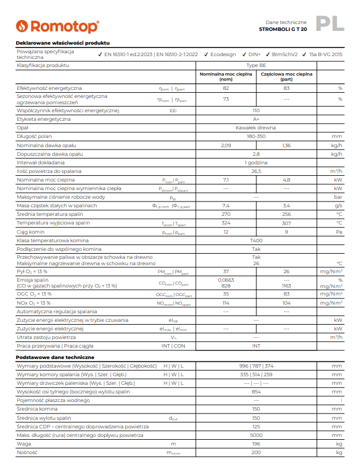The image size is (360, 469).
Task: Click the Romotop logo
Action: click(x=57, y=26)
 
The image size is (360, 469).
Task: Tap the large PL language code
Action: click(x=331, y=23)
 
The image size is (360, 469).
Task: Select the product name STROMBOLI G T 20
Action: click(x=283, y=29)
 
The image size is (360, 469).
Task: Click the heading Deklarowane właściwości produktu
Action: click(x=62, y=43)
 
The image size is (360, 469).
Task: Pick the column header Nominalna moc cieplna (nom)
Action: click(x=226, y=77)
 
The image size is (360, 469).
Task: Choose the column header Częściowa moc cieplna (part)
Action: click(x=286, y=77)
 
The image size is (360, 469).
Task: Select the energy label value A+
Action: click(x=256, y=119)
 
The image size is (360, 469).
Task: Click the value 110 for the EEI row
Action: click(x=256, y=110)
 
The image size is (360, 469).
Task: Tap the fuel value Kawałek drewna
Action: click(x=256, y=128)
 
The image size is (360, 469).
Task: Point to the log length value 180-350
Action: click(x=256, y=136)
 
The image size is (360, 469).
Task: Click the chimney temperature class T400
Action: click(x=256, y=240)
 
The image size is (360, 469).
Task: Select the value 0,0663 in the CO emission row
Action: click(x=226, y=279)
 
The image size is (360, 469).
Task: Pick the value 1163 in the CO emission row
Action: click(x=286, y=285)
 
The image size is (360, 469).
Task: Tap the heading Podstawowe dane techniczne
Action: click(x=51, y=357)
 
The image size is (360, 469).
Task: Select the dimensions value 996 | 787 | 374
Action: click(x=256, y=365)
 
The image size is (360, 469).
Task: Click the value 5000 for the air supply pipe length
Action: click(x=256, y=435)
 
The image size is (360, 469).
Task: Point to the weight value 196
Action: click(x=256, y=444)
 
